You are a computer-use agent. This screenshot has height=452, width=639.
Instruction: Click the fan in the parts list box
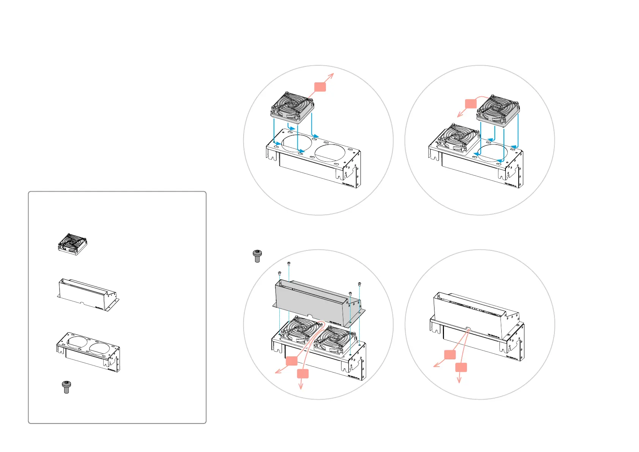72,244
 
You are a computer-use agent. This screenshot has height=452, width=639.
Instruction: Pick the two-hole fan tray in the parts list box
88,352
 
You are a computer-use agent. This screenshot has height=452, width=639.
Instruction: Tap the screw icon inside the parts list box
66,387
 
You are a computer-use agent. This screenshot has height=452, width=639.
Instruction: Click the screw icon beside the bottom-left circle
257,256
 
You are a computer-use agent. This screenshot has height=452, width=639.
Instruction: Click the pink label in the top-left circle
320,87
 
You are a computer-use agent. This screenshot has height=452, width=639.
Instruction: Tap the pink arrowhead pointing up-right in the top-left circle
332,75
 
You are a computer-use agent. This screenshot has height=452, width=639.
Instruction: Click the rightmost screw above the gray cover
359,283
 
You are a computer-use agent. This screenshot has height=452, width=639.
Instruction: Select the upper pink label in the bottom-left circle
291,361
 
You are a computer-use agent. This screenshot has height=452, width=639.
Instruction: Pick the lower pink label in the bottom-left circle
303,374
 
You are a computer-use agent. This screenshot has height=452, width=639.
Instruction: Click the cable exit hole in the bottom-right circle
468,329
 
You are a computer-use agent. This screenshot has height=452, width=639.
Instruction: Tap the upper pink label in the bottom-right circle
450,354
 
